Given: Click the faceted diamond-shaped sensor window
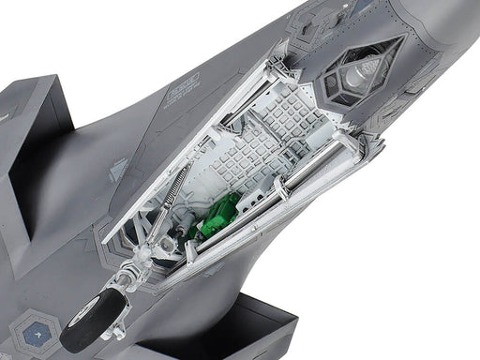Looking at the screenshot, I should [x=364, y=71].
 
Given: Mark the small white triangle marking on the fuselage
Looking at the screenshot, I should [x=117, y=168].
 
